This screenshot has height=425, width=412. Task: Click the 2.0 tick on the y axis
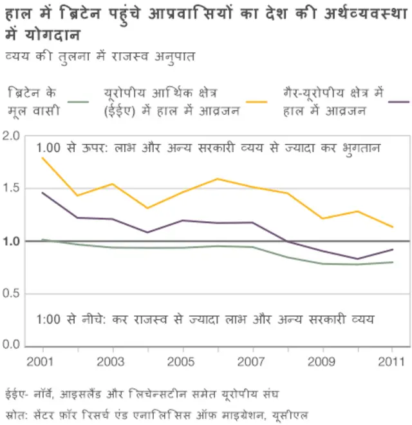coord(11,135)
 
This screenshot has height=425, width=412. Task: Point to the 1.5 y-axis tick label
coord(11,188)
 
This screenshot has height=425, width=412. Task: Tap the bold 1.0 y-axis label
coord(11,241)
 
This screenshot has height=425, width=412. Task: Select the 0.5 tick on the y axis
coord(11,294)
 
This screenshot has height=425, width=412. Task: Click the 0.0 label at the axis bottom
coord(11,346)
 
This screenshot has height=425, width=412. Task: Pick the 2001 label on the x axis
coord(40,362)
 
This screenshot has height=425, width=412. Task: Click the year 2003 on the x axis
coord(110,362)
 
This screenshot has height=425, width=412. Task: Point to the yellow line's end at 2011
coord(393,227)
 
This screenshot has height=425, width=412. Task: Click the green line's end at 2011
coord(393,262)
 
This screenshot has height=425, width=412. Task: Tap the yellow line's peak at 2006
coord(217,179)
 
